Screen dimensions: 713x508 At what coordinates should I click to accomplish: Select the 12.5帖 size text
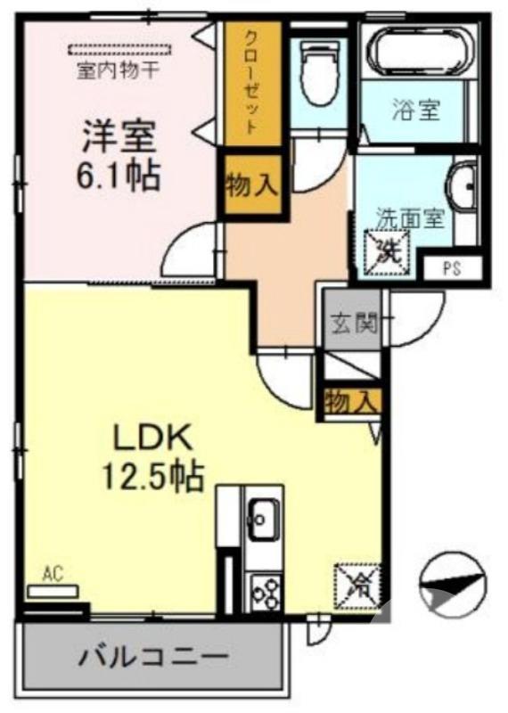point(152,478)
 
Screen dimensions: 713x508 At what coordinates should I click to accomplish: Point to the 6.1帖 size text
point(120,176)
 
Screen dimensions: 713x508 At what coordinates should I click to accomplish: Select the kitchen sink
point(263,515)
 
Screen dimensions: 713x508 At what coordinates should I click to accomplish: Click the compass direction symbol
point(453,583)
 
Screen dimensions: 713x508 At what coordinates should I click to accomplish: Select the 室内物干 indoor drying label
point(118,69)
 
